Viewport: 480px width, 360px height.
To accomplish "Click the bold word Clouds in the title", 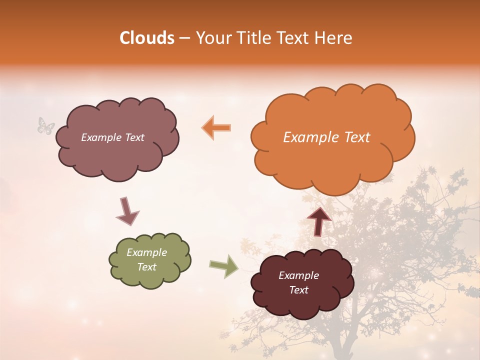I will pyautogui.click(x=147, y=38).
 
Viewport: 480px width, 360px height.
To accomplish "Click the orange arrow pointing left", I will pyautogui.click(x=216, y=127).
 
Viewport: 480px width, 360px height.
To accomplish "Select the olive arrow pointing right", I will pyautogui.click(x=224, y=266).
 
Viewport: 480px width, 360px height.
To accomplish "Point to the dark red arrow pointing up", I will pyautogui.click(x=319, y=221).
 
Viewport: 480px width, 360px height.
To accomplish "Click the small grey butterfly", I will pyautogui.click(x=46, y=125).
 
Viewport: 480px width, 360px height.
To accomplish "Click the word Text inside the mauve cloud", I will pyautogui.click(x=133, y=137).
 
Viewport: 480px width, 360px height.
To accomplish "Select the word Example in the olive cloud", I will pyautogui.click(x=146, y=252).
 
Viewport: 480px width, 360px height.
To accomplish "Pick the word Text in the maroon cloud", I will pyautogui.click(x=298, y=290).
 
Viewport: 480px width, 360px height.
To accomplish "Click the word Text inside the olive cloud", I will pyautogui.click(x=146, y=267).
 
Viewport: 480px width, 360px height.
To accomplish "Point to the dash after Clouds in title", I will pyautogui.click(x=184, y=39).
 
